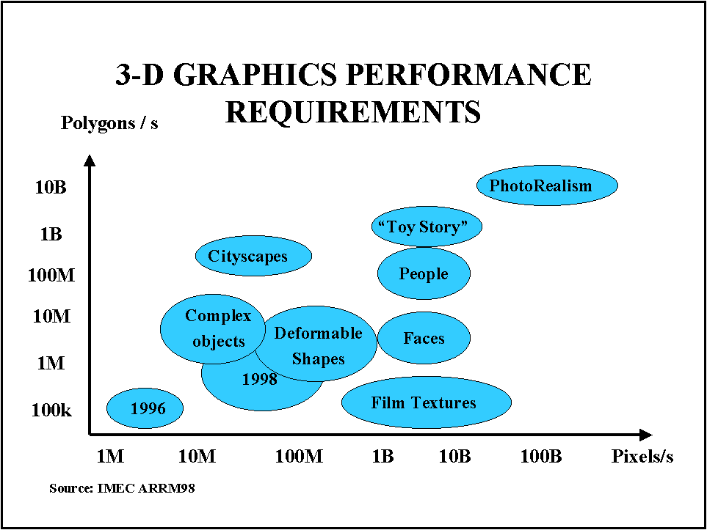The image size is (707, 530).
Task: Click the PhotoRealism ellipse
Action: click(x=547, y=185)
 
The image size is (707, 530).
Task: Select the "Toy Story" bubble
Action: click(x=427, y=227)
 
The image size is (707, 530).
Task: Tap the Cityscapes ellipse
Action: click(x=253, y=256)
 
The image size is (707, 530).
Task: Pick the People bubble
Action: click(x=424, y=273)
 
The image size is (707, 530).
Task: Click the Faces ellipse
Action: click(x=424, y=338)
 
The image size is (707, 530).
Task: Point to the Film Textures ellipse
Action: click(x=426, y=402)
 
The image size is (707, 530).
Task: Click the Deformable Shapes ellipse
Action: click(x=319, y=345)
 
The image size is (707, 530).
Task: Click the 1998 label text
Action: click(x=260, y=379)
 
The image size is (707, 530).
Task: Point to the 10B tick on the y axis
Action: click(x=51, y=187)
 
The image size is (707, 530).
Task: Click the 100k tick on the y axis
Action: click(x=51, y=410)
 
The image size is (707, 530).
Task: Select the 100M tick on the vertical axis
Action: click(x=51, y=276)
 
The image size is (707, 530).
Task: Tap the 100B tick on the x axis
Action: click(x=541, y=456)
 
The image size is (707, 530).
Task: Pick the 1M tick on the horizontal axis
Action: click(x=110, y=456)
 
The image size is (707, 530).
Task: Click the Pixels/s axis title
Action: click(x=642, y=456)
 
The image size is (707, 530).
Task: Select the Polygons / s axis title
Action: click(x=109, y=122)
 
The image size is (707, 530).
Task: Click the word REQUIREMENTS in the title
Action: click(x=353, y=111)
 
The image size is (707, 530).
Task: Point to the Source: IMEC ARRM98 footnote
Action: click(x=122, y=487)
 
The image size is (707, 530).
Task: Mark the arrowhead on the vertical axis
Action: click(x=90, y=160)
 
